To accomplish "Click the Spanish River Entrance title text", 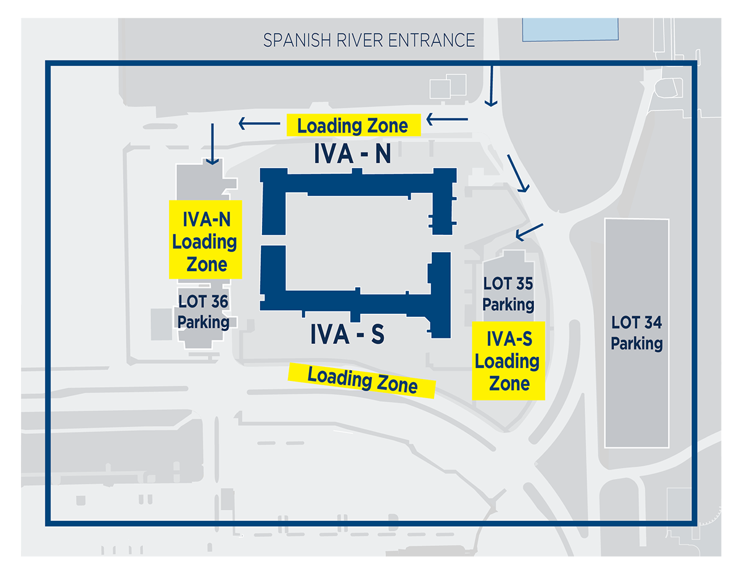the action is [x=369, y=40].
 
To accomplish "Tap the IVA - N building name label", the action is [x=352, y=154].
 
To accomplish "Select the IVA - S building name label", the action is [x=347, y=334].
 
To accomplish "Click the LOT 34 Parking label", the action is [x=636, y=333].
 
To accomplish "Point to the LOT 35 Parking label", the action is [x=508, y=294].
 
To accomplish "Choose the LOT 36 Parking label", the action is [x=203, y=312].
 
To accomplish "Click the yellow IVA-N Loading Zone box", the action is [x=205, y=240].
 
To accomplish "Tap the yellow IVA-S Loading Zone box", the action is [x=508, y=361].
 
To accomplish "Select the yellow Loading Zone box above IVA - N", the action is [x=353, y=125].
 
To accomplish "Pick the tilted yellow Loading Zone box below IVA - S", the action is [x=361, y=380].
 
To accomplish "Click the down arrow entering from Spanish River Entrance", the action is [x=491, y=86].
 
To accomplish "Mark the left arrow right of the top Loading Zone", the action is [x=447, y=120].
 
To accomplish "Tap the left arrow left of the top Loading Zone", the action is [x=260, y=123].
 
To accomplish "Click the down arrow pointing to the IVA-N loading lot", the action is [x=212, y=144].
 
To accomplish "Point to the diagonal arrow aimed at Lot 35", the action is [x=529, y=232].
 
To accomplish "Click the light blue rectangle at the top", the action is [x=570, y=30].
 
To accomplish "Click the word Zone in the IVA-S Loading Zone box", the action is [x=509, y=384].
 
